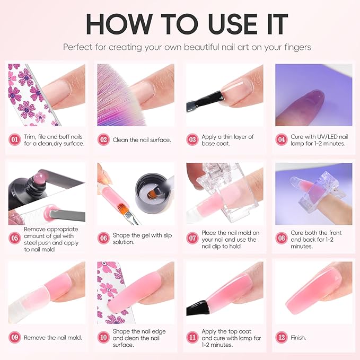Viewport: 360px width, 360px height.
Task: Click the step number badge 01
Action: (15, 140)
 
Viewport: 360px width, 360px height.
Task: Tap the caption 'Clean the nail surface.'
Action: (142, 141)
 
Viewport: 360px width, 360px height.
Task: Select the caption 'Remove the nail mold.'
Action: (53, 337)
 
